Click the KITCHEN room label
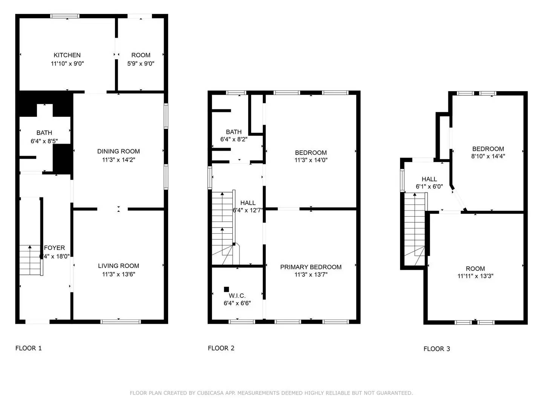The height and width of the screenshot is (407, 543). point(67,55)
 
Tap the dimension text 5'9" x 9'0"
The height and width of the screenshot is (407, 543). point(141,64)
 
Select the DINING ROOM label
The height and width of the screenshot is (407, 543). point(118,151)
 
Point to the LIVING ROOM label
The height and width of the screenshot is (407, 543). point(118,266)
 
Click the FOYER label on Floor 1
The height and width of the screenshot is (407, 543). point(54,248)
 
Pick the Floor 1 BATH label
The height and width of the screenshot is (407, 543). point(44,133)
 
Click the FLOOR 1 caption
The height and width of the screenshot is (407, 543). point(29,348)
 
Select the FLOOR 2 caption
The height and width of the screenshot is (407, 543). point(221,348)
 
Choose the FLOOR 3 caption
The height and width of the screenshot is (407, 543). point(437,349)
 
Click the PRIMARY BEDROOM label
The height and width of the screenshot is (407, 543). point(311,267)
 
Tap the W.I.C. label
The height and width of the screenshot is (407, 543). point(237,296)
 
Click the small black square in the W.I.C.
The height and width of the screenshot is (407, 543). point(226,289)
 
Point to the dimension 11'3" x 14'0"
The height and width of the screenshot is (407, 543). point(311,160)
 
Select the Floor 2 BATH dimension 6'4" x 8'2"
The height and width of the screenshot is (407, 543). point(234,139)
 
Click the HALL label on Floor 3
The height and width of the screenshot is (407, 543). point(429,179)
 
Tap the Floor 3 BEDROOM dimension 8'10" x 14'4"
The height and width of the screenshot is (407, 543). point(488,156)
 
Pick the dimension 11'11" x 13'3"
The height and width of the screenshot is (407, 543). point(475,276)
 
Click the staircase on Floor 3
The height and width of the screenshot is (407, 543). point(415,226)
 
